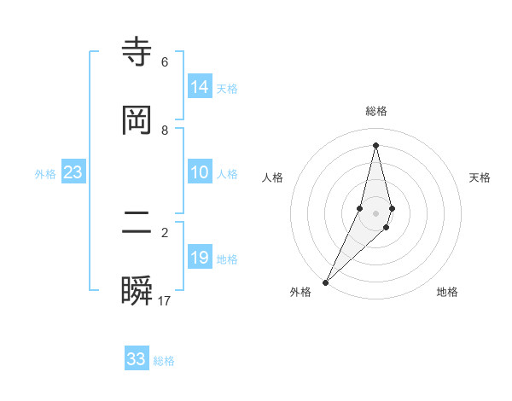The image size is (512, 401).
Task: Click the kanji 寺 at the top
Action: (137, 52)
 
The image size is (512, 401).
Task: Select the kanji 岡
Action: (137, 120)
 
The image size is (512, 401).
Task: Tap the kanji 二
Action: (137, 224)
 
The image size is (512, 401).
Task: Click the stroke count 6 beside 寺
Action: (165, 62)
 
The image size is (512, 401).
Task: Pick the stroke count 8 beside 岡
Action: (165, 131)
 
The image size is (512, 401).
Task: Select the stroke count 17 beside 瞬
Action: (165, 301)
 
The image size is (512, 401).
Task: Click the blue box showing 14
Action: (200, 87)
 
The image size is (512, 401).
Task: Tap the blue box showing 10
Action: (200, 172)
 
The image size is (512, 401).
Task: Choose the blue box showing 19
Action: (200, 258)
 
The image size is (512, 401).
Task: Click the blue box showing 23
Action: (73, 172)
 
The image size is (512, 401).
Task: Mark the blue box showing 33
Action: (137, 359)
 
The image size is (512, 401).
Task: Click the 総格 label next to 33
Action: (164, 361)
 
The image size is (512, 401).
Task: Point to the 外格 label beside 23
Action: (45, 174)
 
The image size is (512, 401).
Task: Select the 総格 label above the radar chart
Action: (376, 111)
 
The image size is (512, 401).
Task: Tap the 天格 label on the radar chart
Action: (480, 177)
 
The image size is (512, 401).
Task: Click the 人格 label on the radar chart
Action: (273, 177)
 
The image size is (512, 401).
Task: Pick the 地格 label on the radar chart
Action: (447, 293)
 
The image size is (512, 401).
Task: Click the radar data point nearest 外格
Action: (326, 282)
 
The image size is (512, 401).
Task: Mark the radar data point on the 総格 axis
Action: (375, 144)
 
